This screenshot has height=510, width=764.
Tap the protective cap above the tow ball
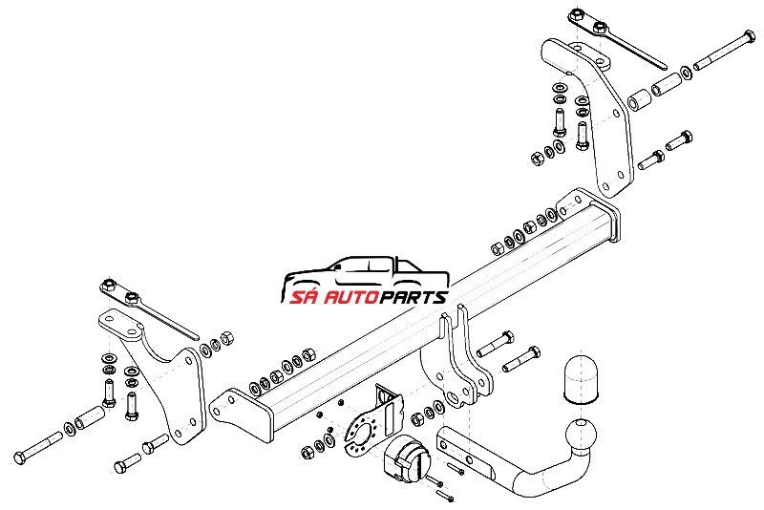coord(581,381)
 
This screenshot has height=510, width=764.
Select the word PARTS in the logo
coord(414,297)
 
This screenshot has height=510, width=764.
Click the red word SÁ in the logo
coord(305,296)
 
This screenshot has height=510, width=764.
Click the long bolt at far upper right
coord(726,50)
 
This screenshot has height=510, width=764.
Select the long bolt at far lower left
coord(38,447)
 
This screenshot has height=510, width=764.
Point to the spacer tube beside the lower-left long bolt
coord(90,418)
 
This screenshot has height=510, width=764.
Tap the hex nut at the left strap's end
coord(109,285)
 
